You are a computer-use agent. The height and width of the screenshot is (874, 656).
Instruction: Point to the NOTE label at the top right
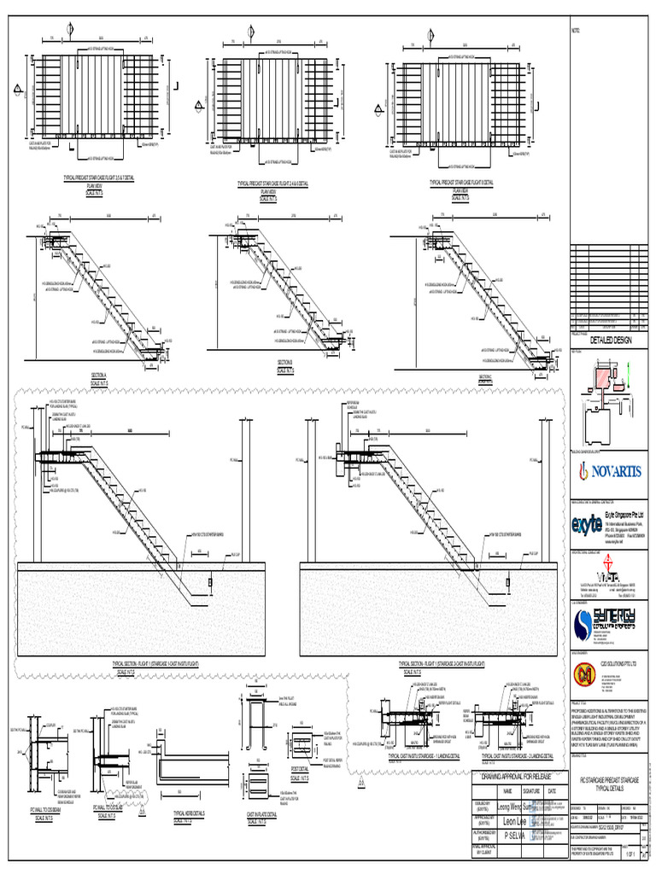[x=575, y=32]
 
